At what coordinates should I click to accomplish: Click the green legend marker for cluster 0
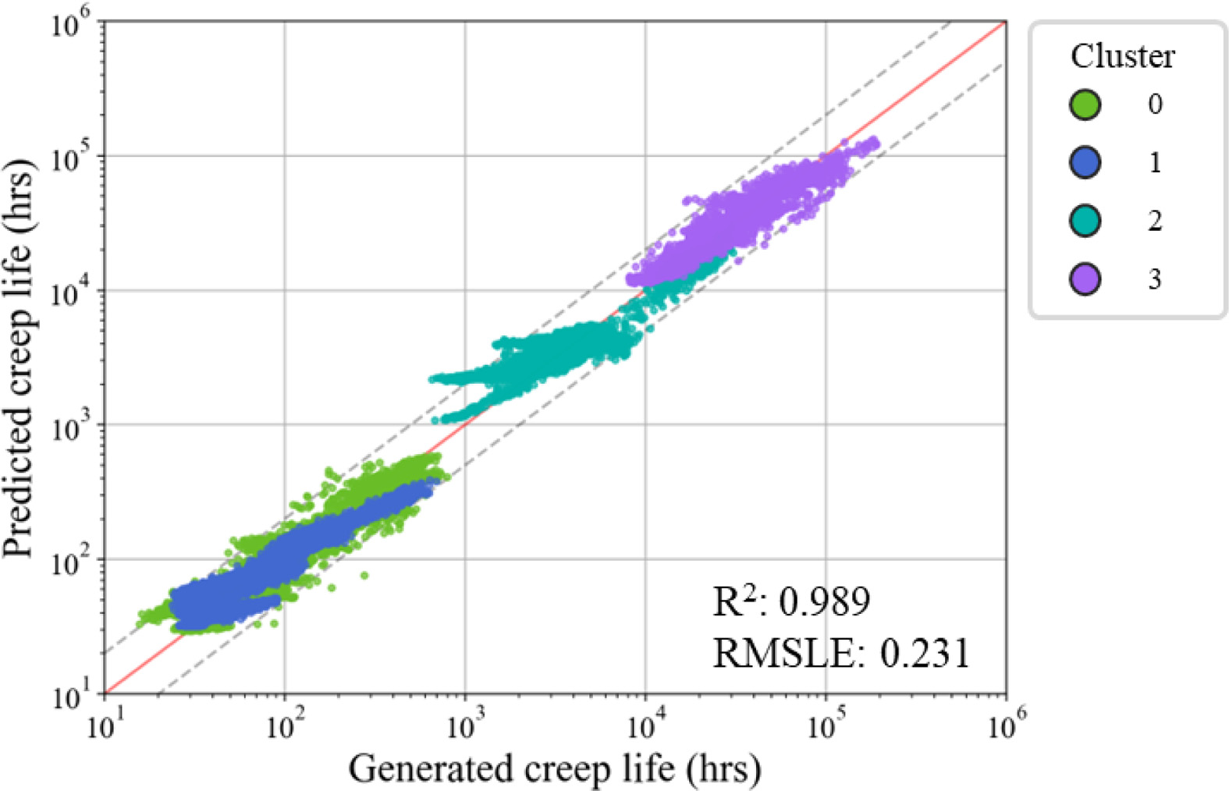(1085, 104)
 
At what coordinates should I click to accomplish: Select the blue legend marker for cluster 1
(1085, 162)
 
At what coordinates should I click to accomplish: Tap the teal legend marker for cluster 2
(1085, 221)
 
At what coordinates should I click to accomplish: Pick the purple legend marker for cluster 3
(1085, 278)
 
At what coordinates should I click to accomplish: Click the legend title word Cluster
(1121, 56)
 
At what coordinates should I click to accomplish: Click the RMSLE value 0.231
(925, 652)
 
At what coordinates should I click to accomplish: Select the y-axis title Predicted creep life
(19, 359)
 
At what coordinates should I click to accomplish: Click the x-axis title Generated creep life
(554, 768)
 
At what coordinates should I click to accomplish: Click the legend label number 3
(1155, 279)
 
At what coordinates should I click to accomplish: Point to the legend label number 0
(1155, 104)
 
